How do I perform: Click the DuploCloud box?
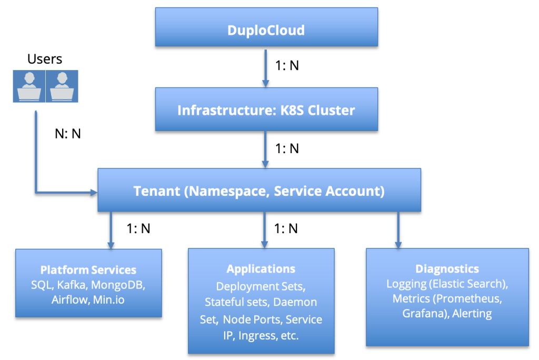[x=266, y=30]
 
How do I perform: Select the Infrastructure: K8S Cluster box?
[x=266, y=111]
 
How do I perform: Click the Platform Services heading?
[x=88, y=270]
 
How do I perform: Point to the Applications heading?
[x=261, y=269]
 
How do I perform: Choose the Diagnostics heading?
[x=447, y=269]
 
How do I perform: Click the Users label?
[x=45, y=59]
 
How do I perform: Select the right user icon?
[x=62, y=86]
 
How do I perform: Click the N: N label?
[x=68, y=134]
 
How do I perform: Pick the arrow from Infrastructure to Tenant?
[x=266, y=149]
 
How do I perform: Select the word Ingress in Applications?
[x=254, y=335]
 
